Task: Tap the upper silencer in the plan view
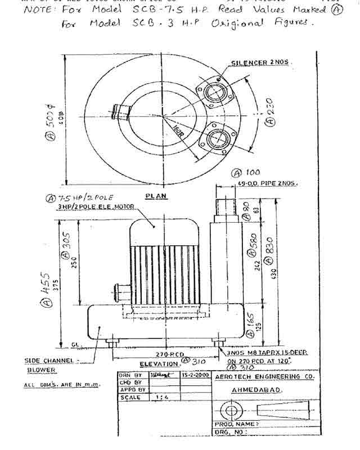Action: (x=215, y=90)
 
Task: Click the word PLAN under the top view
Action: (x=153, y=196)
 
